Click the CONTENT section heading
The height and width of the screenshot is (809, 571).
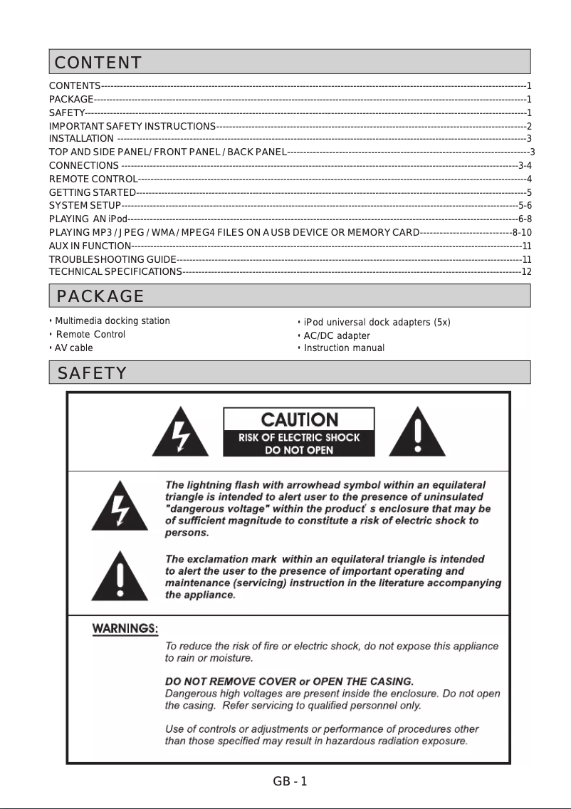point(98,63)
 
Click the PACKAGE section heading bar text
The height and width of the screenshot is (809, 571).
point(100,296)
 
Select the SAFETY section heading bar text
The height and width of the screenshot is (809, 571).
point(93,372)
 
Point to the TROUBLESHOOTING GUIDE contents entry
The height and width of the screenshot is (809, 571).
point(112,259)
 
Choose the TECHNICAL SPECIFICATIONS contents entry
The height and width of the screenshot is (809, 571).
point(115,271)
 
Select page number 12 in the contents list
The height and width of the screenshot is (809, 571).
point(527,271)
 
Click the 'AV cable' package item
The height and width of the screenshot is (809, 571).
point(74,348)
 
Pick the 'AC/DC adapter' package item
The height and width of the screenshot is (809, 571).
point(337,335)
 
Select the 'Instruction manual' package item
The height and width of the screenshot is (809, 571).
point(344,348)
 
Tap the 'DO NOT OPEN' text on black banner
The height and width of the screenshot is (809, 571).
point(299,450)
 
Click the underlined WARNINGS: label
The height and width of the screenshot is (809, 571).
point(126,630)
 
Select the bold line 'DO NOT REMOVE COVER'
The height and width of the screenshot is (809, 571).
point(289,681)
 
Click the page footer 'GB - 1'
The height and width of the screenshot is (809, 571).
point(290,781)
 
